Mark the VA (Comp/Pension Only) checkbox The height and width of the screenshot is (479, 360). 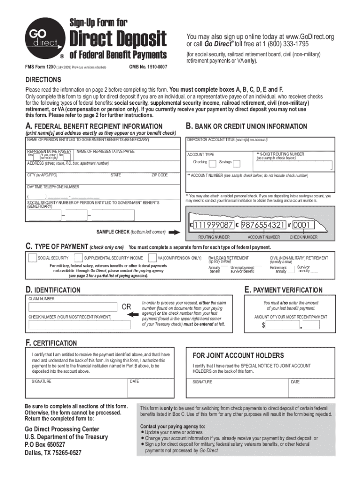[x=152, y=258]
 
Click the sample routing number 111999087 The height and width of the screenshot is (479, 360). [x=213, y=225]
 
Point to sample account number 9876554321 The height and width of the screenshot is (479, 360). [x=264, y=225]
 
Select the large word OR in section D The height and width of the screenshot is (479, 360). [x=127, y=307]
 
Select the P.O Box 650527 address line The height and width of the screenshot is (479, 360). [x=45, y=444]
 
